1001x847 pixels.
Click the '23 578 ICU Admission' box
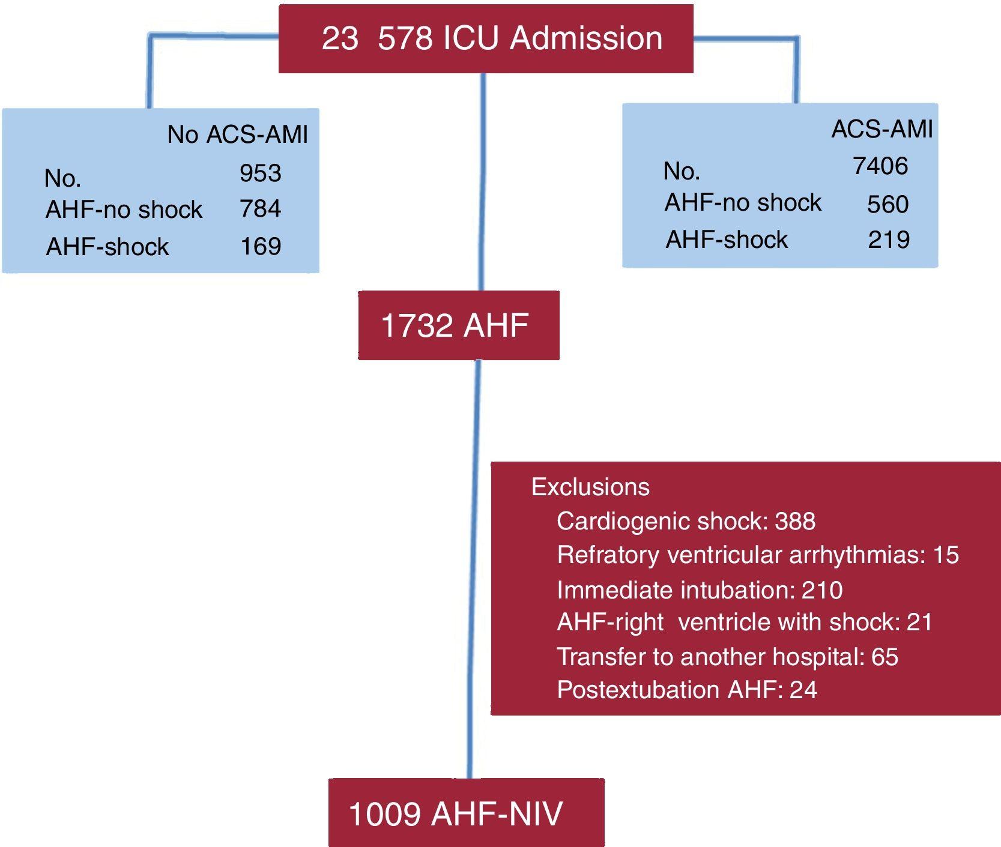486,39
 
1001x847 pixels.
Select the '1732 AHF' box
458,325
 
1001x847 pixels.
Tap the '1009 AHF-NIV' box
466,813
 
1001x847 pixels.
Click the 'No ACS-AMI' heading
237,134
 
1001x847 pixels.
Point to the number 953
260,173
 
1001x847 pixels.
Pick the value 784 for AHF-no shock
260,209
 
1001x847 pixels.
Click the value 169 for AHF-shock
261,246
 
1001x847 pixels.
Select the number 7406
880,166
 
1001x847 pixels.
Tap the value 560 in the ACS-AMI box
888,204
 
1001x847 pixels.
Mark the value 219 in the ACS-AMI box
889,240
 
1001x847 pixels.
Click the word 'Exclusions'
590,487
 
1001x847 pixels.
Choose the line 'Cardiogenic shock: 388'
686,521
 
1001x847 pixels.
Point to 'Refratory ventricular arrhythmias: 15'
758,555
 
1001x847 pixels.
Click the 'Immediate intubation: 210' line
700,589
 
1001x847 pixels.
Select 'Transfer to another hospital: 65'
727,656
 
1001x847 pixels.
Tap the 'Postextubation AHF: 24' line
687,690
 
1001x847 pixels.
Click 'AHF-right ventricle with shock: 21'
745,622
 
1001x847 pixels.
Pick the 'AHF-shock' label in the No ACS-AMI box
107,247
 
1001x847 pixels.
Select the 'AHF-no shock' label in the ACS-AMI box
742,202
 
